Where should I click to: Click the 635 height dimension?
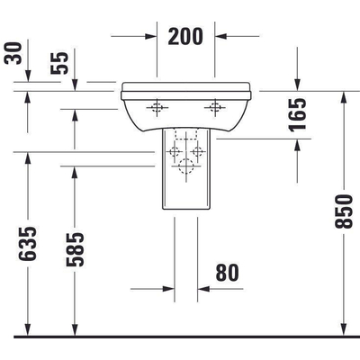click(x=29, y=244)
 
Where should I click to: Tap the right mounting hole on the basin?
click(x=215, y=110)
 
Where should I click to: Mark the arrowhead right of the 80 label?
click(x=203, y=289)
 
